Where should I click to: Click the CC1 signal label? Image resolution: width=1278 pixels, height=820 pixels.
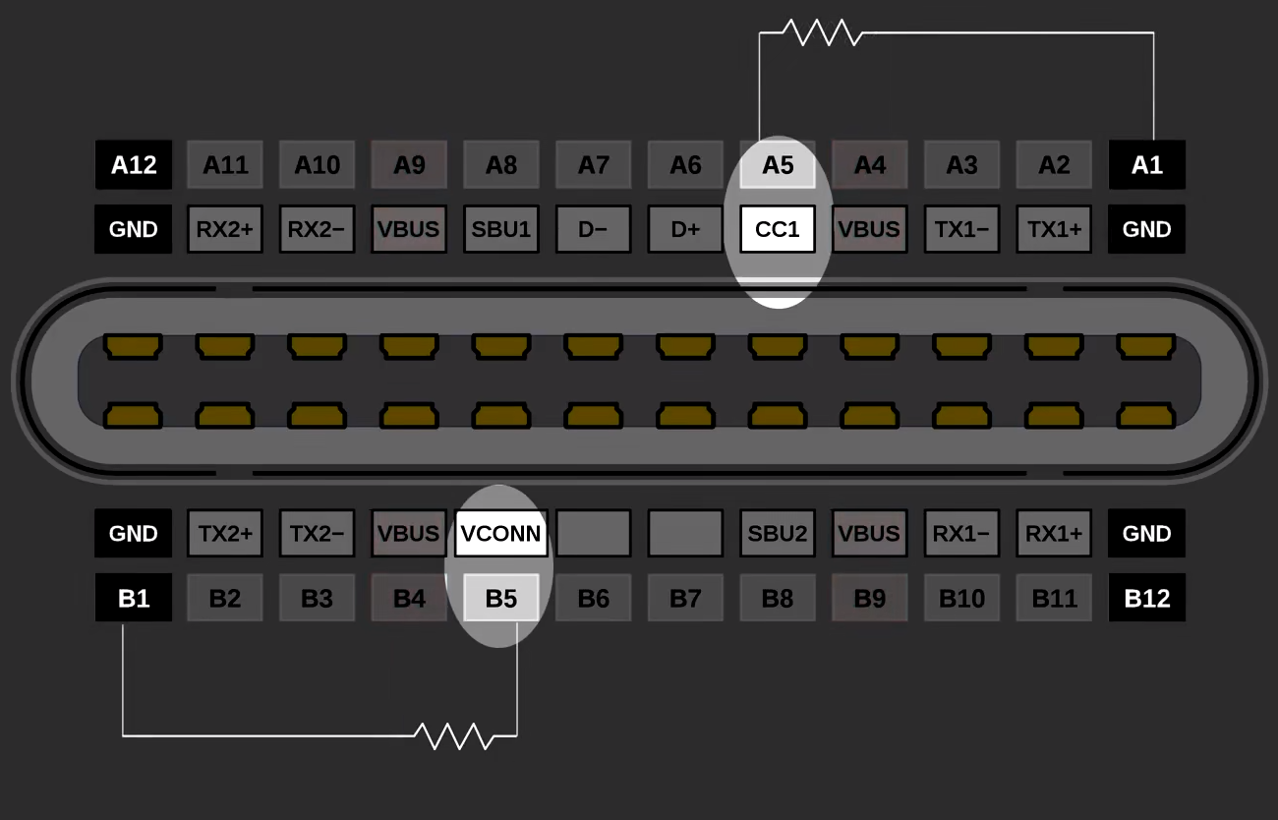click(778, 229)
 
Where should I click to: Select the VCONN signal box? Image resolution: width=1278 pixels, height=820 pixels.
click(501, 533)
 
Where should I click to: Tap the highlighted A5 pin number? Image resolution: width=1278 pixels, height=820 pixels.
click(778, 165)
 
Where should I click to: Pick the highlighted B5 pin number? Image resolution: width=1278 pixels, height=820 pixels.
click(501, 598)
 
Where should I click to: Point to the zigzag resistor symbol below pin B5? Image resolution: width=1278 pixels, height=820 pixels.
click(454, 735)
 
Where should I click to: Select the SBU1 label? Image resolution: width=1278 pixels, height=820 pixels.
click(501, 229)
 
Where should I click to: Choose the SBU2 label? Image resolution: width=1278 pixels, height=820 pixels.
click(778, 533)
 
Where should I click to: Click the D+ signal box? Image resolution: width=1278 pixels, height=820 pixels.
click(685, 229)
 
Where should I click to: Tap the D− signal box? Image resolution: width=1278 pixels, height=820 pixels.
click(593, 229)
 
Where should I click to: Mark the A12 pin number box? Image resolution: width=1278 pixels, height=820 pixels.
click(134, 165)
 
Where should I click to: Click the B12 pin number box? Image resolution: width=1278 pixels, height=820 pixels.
click(1146, 598)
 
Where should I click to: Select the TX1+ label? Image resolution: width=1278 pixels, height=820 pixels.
click(1054, 229)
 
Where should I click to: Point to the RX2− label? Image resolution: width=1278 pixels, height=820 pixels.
click(317, 229)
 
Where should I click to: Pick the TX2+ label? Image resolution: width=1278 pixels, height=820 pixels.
click(225, 533)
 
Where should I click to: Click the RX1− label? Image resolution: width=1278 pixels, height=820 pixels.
click(961, 533)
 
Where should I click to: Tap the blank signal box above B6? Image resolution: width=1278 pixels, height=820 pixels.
click(593, 533)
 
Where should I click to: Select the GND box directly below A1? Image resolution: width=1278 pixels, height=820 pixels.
click(1146, 229)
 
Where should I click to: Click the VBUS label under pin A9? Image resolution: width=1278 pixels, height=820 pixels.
click(409, 229)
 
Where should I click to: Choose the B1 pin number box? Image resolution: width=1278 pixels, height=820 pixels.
click(134, 598)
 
